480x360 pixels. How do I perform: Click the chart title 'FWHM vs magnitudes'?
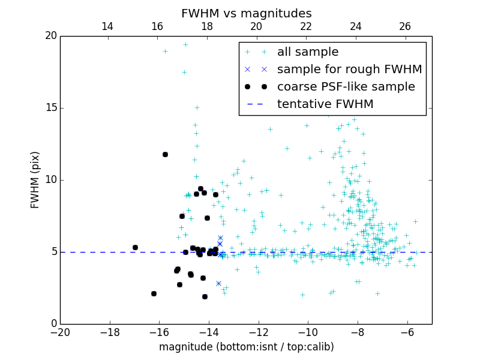click(246, 13)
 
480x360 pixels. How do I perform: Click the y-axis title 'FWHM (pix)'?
click(35, 180)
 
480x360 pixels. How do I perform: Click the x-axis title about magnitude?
click(246, 347)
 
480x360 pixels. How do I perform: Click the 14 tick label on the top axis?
click(107, 26)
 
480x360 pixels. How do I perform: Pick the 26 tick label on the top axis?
click(405, 26)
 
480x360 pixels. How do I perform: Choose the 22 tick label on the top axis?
click(306, 26)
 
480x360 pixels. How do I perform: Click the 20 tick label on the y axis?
click(50, 36)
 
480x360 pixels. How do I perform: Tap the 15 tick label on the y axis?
click(50, 108)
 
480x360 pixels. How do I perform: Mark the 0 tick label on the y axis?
click(53, 324)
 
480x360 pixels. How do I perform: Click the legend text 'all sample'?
click(308, 52)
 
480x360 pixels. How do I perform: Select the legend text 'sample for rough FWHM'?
click(349, 70)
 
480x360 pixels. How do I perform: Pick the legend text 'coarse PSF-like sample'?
click(346, 87)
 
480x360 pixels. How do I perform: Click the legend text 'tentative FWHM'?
click(325, 104)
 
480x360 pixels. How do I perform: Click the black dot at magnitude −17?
click(135, 247)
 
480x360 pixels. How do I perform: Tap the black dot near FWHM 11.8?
click(165, 154)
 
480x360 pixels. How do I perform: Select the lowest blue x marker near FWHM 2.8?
click(218, 283)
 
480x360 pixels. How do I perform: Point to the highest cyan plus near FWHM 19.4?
click(185, 44)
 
